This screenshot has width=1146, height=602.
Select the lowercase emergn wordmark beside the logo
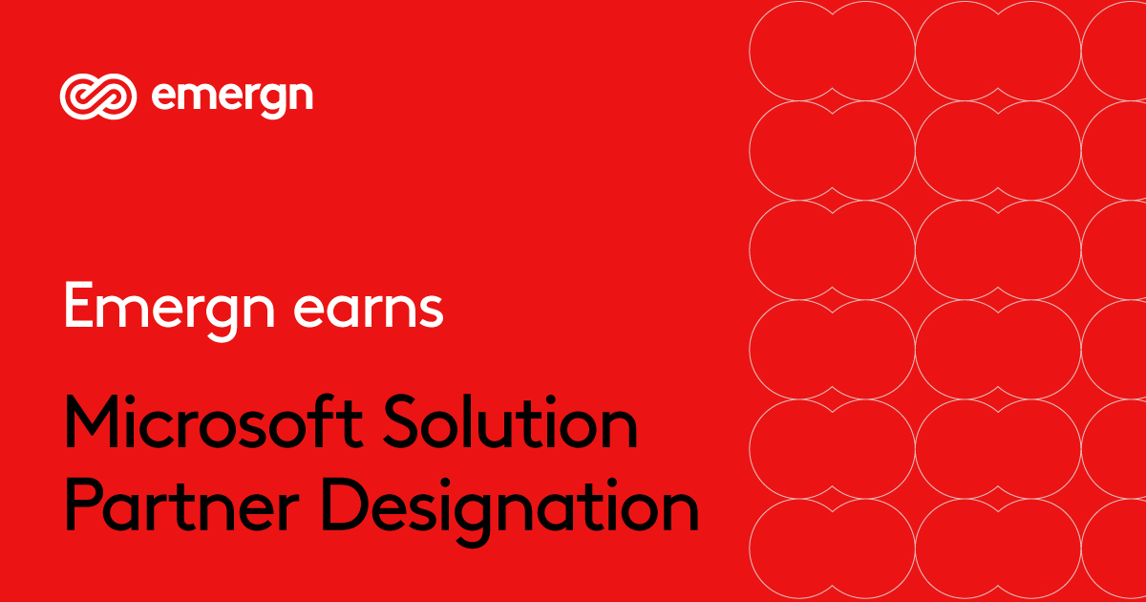[x=232, y=97]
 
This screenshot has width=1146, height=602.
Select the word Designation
[x=499, y=508]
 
